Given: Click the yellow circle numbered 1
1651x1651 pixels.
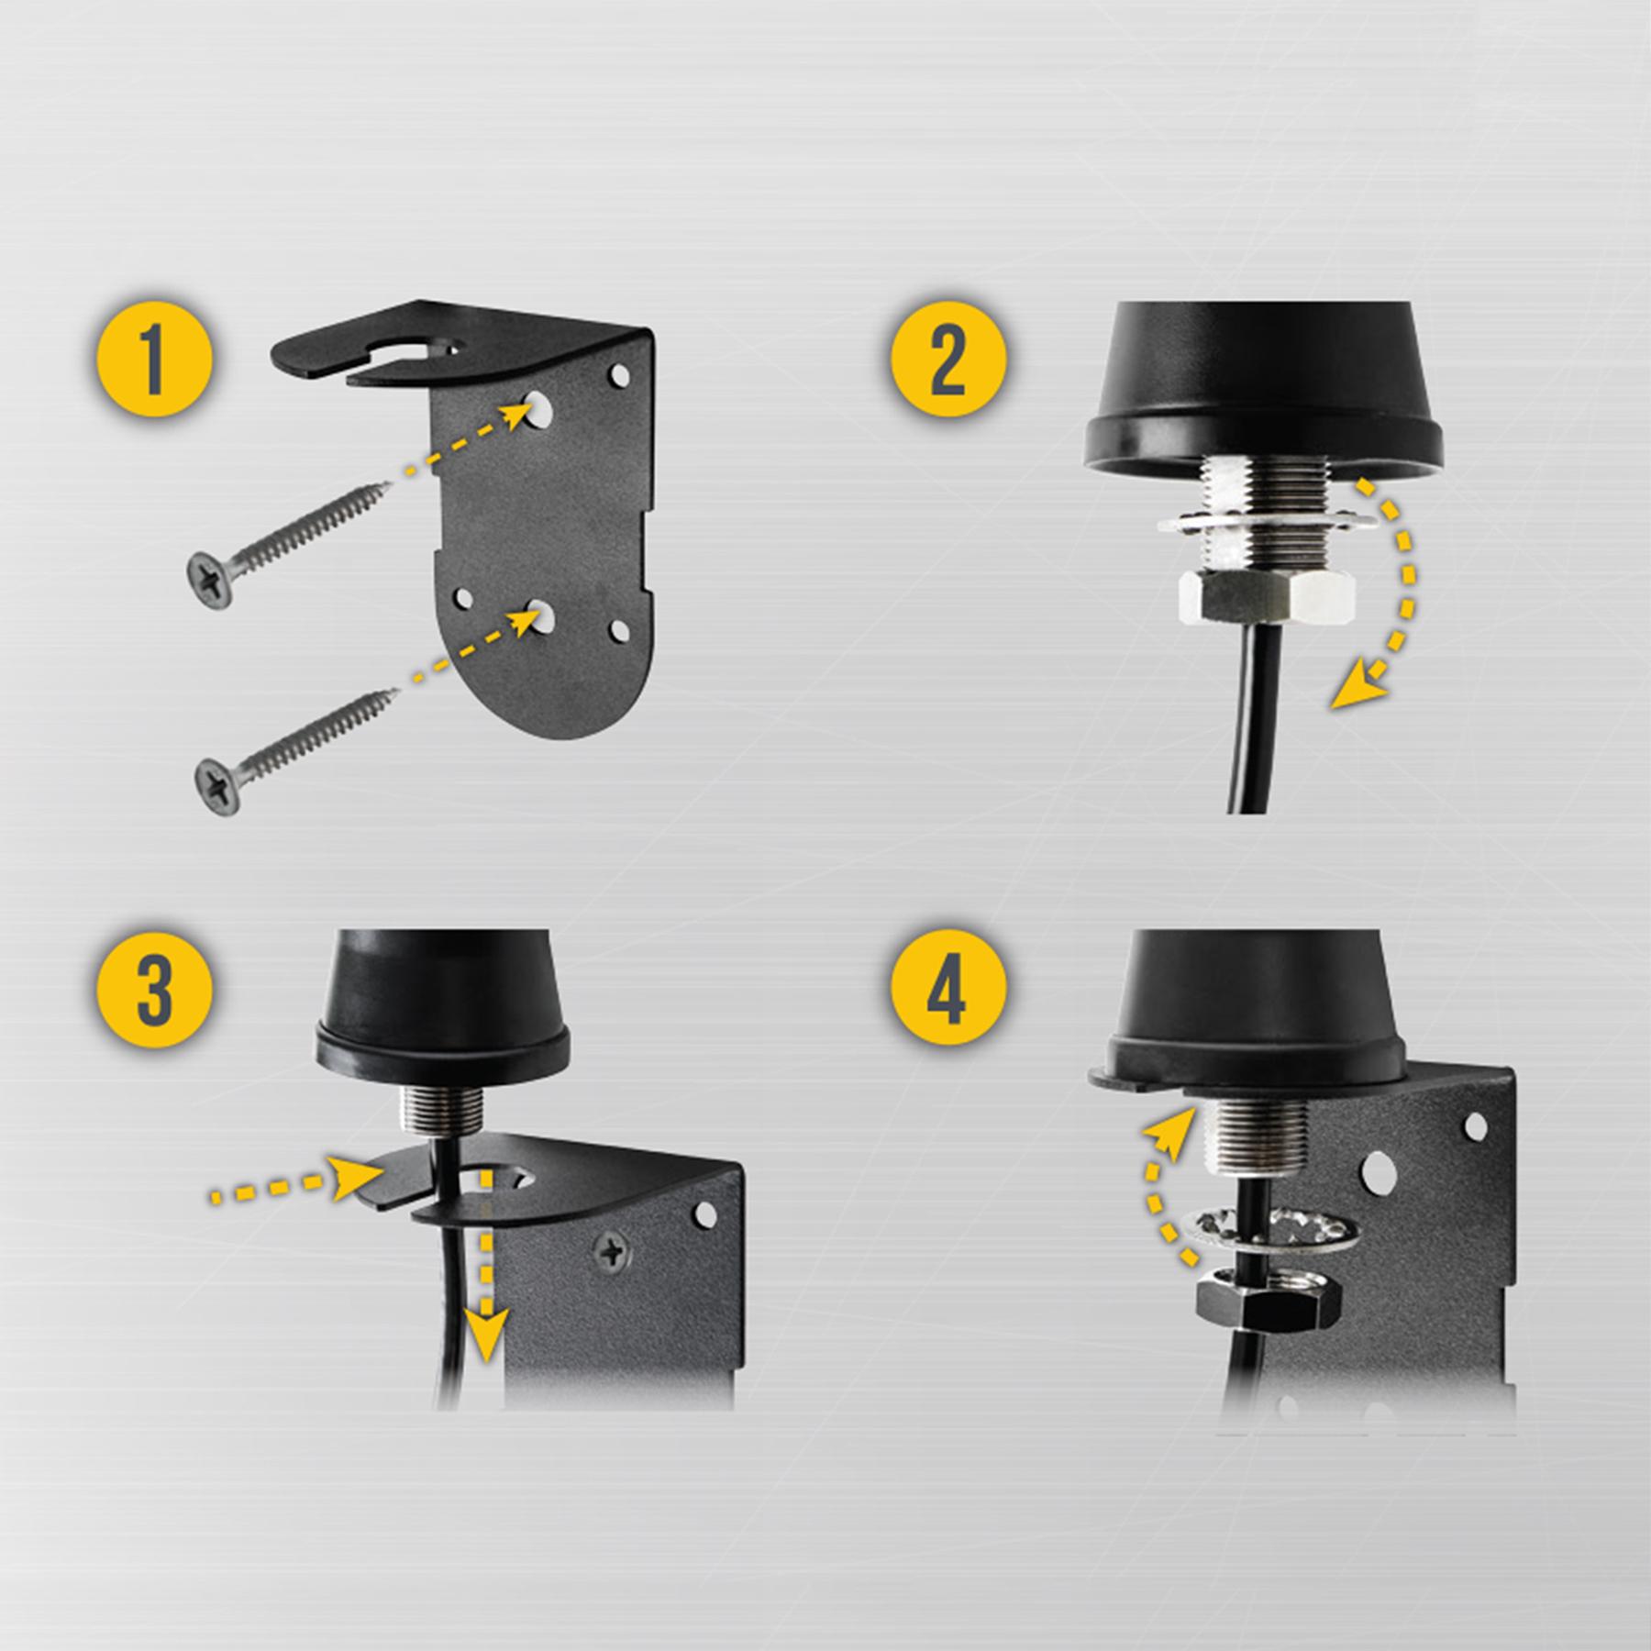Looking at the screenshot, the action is (x=155, y=359).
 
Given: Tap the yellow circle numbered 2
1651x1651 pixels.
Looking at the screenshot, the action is (x=948, y=359).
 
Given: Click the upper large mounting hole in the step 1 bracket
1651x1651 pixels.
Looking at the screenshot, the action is (x=538, y=410).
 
